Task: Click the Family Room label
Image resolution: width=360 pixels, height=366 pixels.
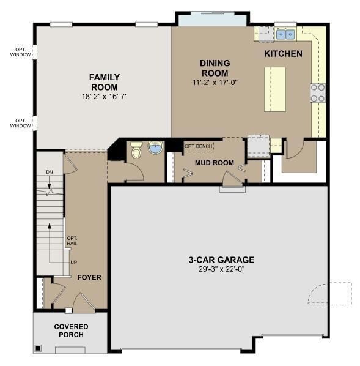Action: pos(105,82)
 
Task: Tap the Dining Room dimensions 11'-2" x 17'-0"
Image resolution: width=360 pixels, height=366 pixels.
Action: pos(215,83)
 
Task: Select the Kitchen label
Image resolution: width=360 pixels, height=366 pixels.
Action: pos(283,54)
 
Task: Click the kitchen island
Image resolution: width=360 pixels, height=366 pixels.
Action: pos(275,89)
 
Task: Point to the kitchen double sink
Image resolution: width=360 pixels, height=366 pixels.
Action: pos(285,34)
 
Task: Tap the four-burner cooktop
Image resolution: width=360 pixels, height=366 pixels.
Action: pos(318,93)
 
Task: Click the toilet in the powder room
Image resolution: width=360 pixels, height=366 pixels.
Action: pos(136,150)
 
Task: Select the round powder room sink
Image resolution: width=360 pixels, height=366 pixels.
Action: pos(155,148)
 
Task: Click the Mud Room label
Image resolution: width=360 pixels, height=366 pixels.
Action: pos(215,163)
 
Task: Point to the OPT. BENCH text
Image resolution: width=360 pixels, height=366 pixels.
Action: pos(199,146)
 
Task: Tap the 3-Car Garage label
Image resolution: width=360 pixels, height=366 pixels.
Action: pos(221,260)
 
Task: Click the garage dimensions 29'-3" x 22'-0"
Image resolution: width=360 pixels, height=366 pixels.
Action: pos(221,269)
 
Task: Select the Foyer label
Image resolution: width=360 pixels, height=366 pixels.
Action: pos(89,277)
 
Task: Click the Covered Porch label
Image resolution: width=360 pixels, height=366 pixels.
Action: pos(71,331)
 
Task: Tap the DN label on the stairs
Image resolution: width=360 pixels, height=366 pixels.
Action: pos(50,172)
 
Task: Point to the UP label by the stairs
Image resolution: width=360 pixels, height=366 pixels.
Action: pos(74,263)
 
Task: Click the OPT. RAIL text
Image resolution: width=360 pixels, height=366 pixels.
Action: pos(72,241)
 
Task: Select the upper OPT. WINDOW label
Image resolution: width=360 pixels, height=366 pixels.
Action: pos(21,52)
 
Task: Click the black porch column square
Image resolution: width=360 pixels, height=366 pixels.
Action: pos(38,348)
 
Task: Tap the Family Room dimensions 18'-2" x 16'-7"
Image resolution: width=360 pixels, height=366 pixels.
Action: pos(105,97)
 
